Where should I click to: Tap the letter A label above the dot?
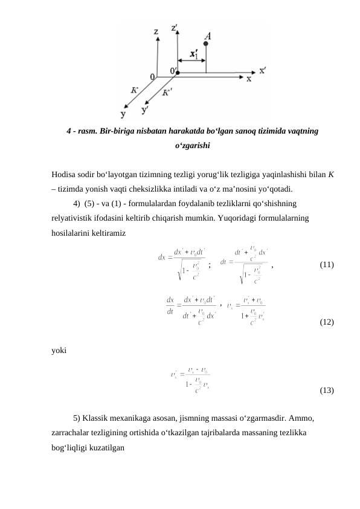click(207, 36)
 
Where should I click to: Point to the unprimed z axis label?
click(156, 31)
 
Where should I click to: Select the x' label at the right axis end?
click(263, 70)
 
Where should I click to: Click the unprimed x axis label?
click(248, 79)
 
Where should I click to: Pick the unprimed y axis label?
click(124, 113)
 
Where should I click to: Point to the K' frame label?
click(167, 92)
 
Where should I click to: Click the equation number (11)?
click(327, 265)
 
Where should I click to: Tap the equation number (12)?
click(327, 322)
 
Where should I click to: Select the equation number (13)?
click(327, 391)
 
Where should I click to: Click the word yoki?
click(60, 349)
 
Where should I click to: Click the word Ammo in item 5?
click(301, 418)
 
